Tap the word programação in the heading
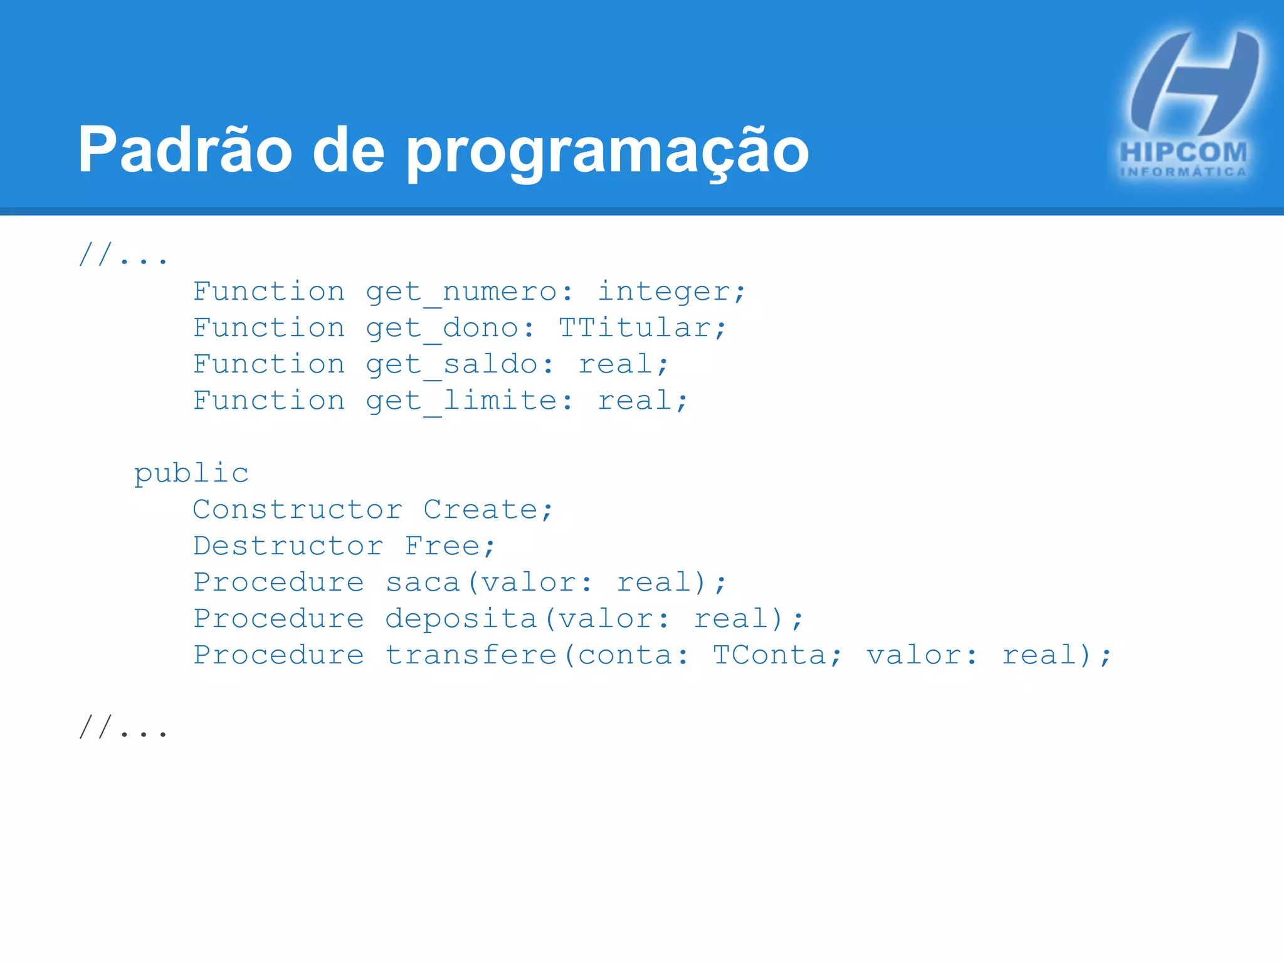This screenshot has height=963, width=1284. click(x=607, y=154)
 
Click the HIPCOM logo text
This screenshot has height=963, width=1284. click(x=1183, y=152)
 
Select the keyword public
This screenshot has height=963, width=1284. click(x=191, y=474)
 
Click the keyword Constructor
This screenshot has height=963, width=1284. click(x=297, y=510)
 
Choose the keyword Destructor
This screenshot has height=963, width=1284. click(x=288, y=546)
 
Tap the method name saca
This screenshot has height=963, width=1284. click(x=423, y=582)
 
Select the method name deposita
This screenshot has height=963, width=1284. click(x=461, y=619)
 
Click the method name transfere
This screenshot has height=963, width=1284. click(x=471, y=655)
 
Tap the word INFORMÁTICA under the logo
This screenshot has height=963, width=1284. click(x=1183, y=172)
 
